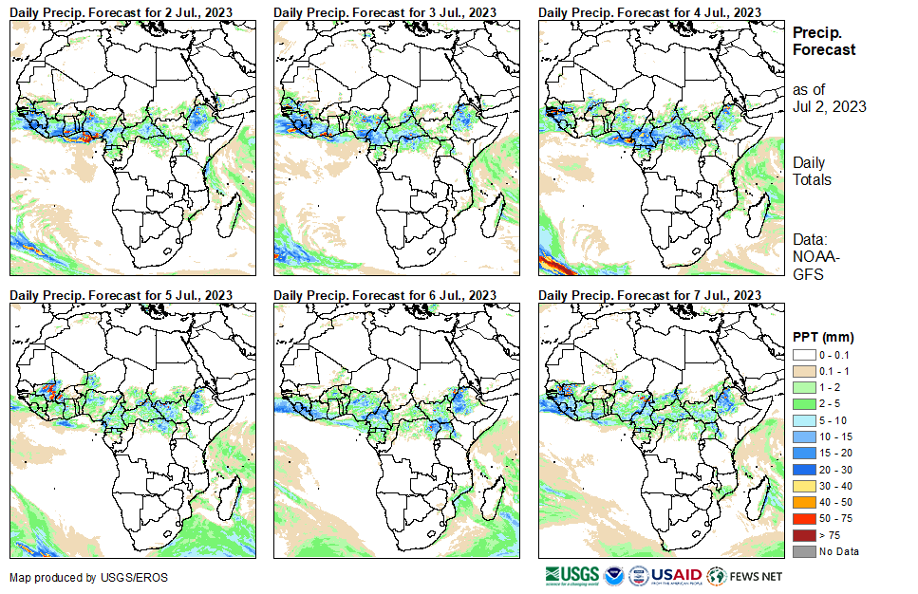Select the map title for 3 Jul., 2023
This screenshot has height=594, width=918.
tap(384, 11)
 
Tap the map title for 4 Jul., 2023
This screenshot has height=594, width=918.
tap(649, 11)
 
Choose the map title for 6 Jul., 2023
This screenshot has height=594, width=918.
tap(384, 295)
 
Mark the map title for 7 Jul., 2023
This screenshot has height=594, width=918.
tap(649, 295)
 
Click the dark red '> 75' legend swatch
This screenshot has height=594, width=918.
tap(803, 536)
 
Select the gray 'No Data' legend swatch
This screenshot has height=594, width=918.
tap(803, 551)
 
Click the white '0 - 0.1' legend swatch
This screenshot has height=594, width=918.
tap(803, 354)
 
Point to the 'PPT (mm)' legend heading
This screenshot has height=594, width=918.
tap(823, 337)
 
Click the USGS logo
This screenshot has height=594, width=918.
tap(571, 575)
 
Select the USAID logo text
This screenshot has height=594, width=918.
tap(676, 575)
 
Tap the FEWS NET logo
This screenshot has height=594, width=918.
tap(746, 575)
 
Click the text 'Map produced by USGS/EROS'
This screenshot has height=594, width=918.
tap(88, 577)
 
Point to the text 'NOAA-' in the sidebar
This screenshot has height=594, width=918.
tap(813, 256)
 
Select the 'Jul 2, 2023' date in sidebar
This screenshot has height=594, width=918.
tap(829, 106)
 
